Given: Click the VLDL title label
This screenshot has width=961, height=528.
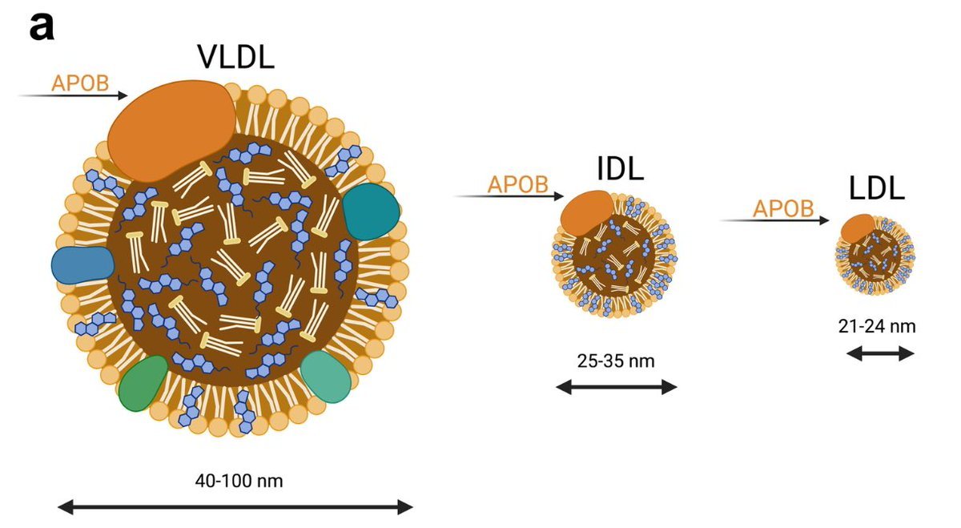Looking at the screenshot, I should (235, 57).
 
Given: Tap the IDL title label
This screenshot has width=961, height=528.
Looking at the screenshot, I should (620, 168).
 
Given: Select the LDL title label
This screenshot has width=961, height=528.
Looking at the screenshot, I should (877, 187).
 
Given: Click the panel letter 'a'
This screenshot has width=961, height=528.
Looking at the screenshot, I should (42, 26).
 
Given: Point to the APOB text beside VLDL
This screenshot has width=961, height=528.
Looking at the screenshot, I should (80, 83).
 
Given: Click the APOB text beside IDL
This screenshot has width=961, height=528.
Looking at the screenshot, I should (518, 183).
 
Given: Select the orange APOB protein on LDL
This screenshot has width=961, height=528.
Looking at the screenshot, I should (857, 228).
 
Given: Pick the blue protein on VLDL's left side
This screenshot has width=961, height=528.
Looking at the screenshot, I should (82, 263).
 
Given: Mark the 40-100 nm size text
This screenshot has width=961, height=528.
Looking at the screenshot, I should (239, 481).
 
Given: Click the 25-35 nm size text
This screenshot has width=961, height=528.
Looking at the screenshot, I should (615, 361).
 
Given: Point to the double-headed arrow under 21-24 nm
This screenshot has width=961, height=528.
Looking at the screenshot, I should (880, 353).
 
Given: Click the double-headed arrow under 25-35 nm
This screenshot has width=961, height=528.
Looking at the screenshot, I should (616, 388).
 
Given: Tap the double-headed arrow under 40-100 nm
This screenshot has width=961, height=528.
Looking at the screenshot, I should (236, 506).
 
